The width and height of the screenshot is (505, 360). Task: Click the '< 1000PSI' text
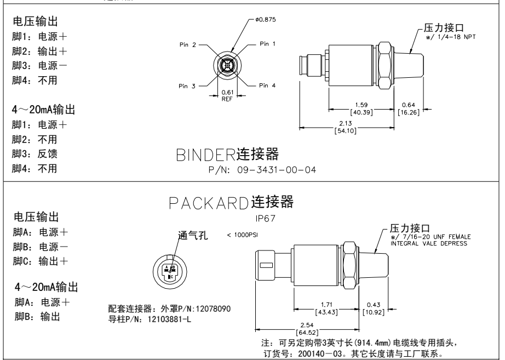[x=242, y=235]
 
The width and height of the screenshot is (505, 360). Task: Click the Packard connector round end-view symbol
[x=171, y=270]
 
